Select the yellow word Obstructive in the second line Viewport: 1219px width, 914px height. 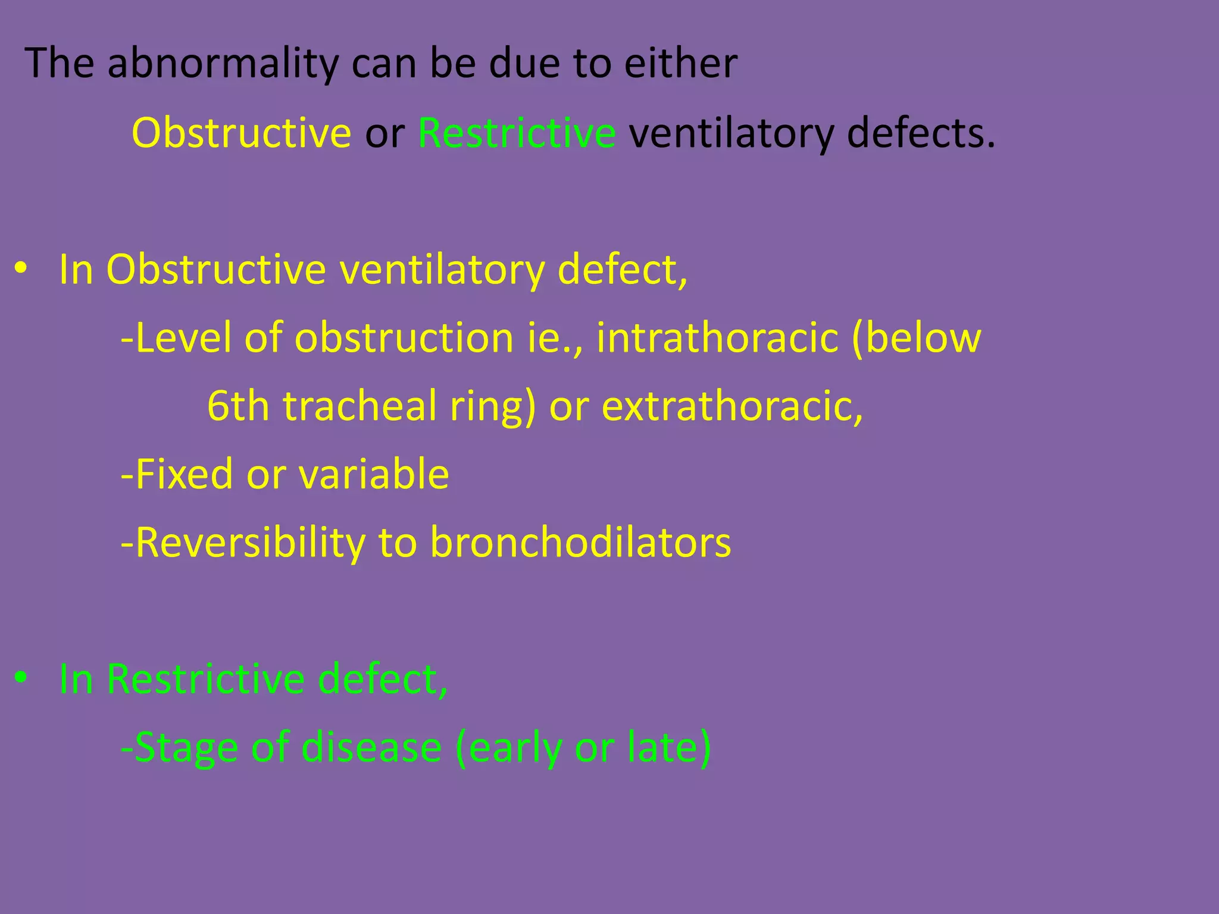pos(242,133)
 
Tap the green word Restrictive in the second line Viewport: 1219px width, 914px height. pos(517,133)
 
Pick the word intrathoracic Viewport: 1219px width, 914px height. pos(717,338)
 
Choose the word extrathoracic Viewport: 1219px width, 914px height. pos(732,406)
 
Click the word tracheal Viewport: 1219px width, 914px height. pos(360,406)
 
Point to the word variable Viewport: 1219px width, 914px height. pos(373,474)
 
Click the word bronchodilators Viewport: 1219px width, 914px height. pos(580,543)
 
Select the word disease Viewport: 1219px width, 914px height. pos(371,747)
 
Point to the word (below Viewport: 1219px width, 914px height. pos(916,338)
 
